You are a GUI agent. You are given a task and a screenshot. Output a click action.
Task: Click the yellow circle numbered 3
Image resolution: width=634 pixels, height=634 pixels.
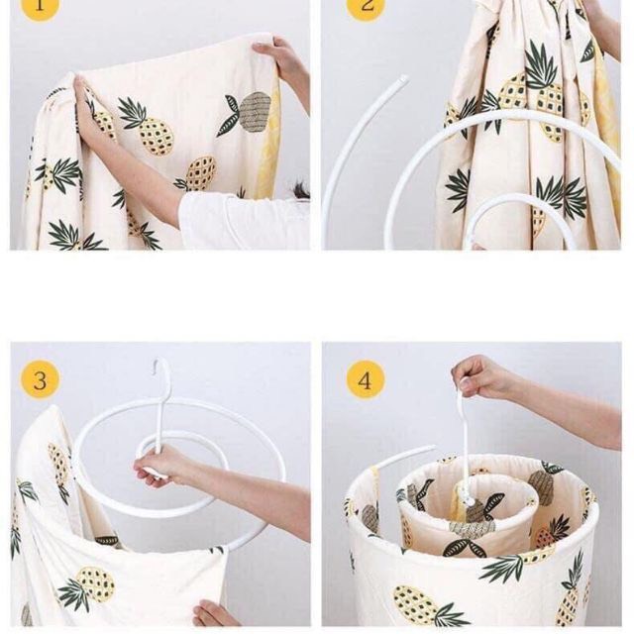(40, 380)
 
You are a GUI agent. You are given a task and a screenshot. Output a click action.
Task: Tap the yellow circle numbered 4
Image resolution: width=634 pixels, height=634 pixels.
(366, 380)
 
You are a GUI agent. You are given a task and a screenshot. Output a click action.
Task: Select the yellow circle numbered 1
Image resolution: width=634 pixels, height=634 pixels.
(40, 6)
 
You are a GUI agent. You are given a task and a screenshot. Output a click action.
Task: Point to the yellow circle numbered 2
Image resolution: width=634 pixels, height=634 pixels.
(366, 6)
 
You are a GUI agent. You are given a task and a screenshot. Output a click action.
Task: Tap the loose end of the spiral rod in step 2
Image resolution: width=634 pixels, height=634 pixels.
(403, 79)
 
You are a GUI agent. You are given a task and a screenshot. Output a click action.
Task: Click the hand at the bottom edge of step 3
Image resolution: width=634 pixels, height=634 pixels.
(213, 613)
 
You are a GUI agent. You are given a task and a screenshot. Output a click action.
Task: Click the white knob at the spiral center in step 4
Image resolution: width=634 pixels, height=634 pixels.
(470, 501)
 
